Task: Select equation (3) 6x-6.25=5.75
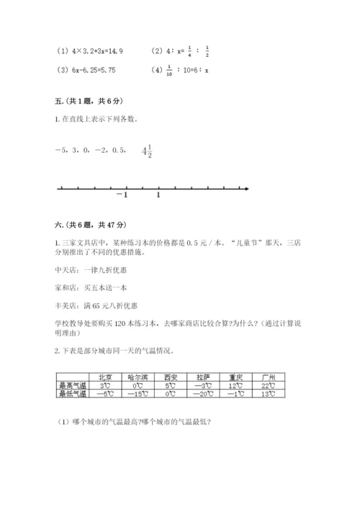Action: click(85, 71)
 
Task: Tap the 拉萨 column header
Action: click(202, 377)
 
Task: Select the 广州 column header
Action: click(269, 377)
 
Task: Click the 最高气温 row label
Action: click(72, 385)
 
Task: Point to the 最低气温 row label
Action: click(72, 393)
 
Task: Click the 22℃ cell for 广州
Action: click(269, 385)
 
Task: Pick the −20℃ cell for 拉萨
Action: click(202, 393)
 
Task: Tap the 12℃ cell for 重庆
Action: click(235, 385)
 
